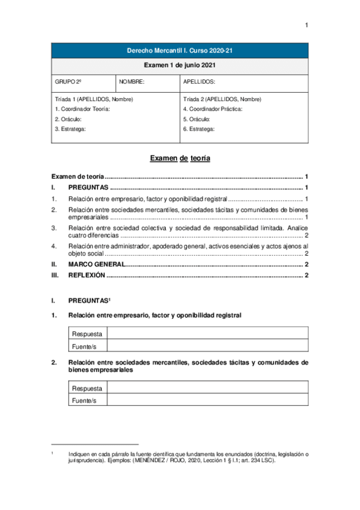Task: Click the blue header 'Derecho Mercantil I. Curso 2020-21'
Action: [x=180, y=51]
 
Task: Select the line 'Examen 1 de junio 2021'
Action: [x=180, y=65]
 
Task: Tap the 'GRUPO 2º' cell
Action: [x=68, y=81]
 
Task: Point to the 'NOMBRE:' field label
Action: [x=132, y=81]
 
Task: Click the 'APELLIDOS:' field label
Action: [x=199, y=81]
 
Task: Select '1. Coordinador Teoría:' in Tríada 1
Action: [x=82, y=109]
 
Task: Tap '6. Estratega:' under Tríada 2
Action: [x=198, y=128]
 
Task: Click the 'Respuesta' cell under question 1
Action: [x=87, y=334]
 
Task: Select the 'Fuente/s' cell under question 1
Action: [x=84, y=346]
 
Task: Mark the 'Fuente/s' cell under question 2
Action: [x=84, y=401]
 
